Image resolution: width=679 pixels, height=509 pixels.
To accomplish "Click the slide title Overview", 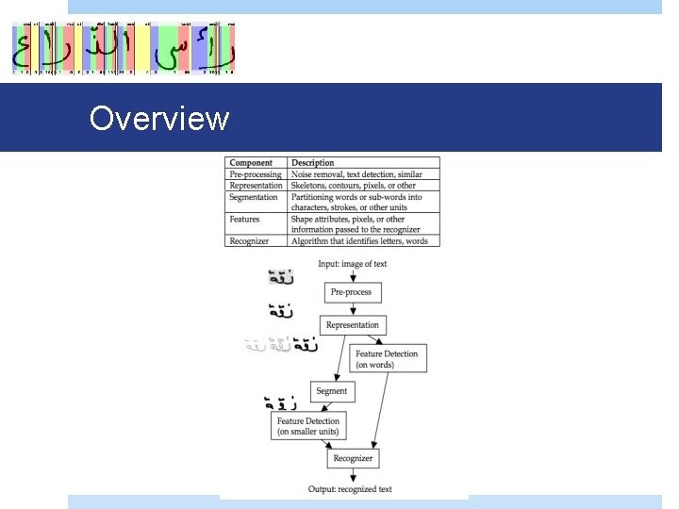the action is coord(158,118).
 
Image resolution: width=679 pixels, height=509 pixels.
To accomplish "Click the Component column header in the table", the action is coord(251,163).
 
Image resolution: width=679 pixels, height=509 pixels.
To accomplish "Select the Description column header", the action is coord(312,163).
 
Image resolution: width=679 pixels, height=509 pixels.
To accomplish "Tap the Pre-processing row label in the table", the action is coord(256,174).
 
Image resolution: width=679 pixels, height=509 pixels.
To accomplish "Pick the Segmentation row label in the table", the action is coord(254,197).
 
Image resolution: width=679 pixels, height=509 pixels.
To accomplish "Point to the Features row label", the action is coord(245,219).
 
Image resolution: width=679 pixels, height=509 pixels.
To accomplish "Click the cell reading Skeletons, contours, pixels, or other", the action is coord(353,186).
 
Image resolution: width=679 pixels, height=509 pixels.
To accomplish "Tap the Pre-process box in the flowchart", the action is coord(351,292).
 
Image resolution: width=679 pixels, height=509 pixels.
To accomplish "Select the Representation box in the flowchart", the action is coord(352,325).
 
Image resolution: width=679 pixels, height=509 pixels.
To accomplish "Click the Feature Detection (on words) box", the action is coord(387,359).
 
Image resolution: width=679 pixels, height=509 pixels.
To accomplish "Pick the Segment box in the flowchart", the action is coord(331,390).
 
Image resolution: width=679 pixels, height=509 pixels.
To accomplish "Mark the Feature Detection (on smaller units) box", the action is coord(307,426).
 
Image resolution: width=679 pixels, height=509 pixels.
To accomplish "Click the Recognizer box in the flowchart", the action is coord(353,459).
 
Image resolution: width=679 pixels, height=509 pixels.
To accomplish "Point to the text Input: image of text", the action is coord(352,264).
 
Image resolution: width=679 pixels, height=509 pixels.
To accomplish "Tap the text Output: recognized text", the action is coord(350,489).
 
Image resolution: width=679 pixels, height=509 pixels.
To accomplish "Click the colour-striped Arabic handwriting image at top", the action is coord(123,48).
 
